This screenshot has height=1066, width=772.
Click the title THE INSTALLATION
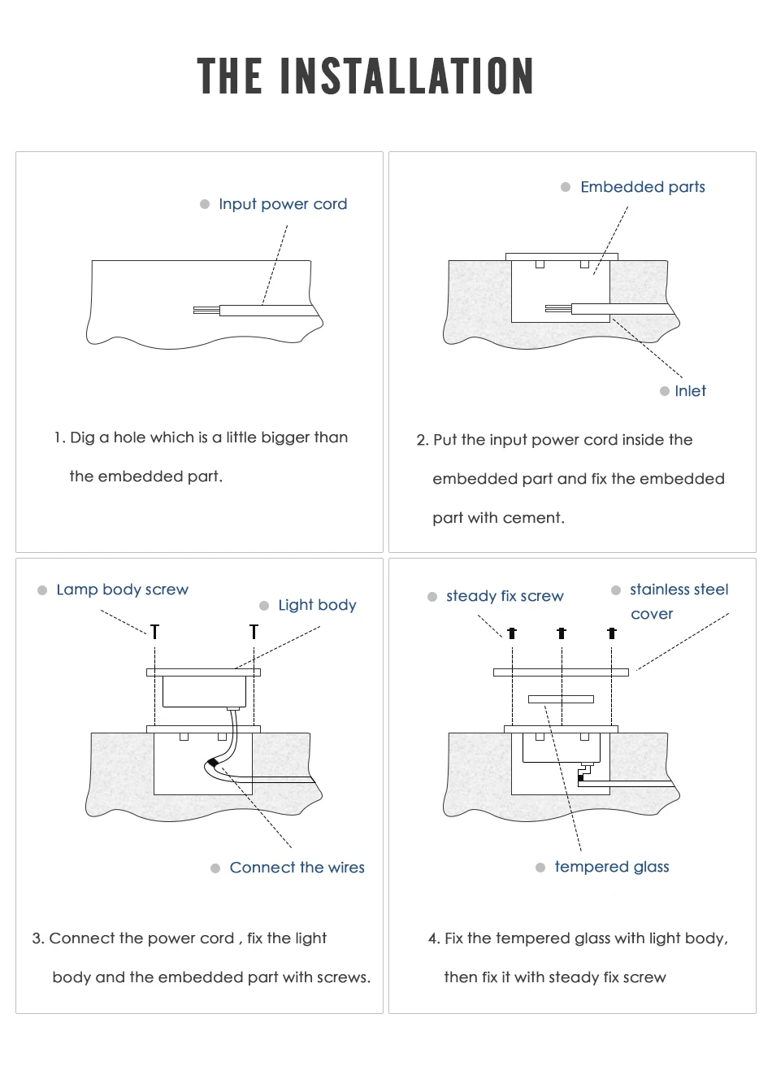click(x=365, y=76)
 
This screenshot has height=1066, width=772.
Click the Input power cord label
click(x=282, y=204)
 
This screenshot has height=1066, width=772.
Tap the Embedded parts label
click(x=642, y=187)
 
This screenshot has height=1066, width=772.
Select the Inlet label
click(x=690, y=391)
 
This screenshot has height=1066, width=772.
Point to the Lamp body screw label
click(x=122, y=590)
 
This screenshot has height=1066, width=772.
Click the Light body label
click(x=317, y=605)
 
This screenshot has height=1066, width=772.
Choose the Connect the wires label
click(x=297, y=868)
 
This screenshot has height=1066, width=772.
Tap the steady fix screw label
click(x=504, y=596)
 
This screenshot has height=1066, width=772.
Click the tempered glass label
click(x=611, y=867)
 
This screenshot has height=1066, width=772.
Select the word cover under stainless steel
click(x=652, y=614)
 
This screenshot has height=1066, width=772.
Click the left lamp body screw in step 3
click(x=154, y=631)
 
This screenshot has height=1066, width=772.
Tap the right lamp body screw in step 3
click(x=254, y=631)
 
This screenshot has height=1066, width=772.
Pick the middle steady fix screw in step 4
click(x=562, y=633)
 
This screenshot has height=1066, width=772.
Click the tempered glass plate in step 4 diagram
click(x=561, y=699)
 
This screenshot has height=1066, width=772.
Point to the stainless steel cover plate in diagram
click(x=561, y=672)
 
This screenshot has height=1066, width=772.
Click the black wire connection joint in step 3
click(x=213, y=762)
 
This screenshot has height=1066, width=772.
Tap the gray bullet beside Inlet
click(x=664, y=391)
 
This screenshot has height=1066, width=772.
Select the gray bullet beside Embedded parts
click(x=566, y=187)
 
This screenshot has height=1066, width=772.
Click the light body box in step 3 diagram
click(x=204, y=692)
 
